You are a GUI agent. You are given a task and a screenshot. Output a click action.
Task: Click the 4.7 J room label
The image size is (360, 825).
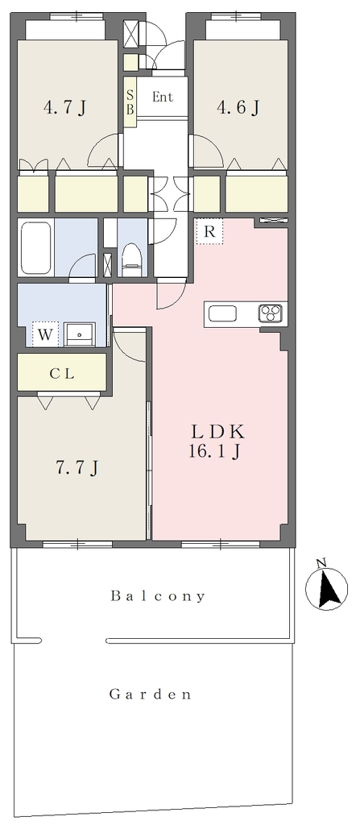pyautogui.click(x=64, y=108)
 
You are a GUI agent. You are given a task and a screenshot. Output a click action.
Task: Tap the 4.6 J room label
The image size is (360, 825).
pyautogui.click(x=238, y=108)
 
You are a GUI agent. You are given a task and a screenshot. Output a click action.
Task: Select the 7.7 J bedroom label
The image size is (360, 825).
pyautogui.click(x=77, y=466)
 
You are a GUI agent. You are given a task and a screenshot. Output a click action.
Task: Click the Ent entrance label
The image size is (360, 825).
pyautogui.click(x=162, y=97)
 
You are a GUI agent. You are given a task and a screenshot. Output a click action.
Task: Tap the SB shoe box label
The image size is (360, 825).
pyautogui.click(x=130, y=102)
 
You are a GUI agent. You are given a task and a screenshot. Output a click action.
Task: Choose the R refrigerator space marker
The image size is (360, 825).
pyautogui.click(x=209, y=232)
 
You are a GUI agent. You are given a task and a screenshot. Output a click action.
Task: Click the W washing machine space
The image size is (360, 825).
pyautogui.click(x=45, y=334)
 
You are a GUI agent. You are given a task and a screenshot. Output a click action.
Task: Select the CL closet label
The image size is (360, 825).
pyautogui.click(x=62, y=374)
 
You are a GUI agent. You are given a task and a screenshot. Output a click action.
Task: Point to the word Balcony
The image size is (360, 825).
pyautogui.click(x=158, y=596)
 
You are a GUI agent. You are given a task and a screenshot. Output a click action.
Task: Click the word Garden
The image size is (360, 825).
pyautogui.click(x=150, y=694)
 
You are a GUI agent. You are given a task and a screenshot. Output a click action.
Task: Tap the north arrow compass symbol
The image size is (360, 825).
pyautogui.click(x=327, y=589)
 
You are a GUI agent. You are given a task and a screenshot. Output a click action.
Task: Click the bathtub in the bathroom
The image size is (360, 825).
pyautogui.click(x=35, y=247)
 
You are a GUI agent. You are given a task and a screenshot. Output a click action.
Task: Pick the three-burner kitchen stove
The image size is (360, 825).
pyautogui.click(x=271, y=313)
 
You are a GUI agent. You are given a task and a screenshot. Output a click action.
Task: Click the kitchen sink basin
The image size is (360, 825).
pyautogui.click(x=222, y=314)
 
